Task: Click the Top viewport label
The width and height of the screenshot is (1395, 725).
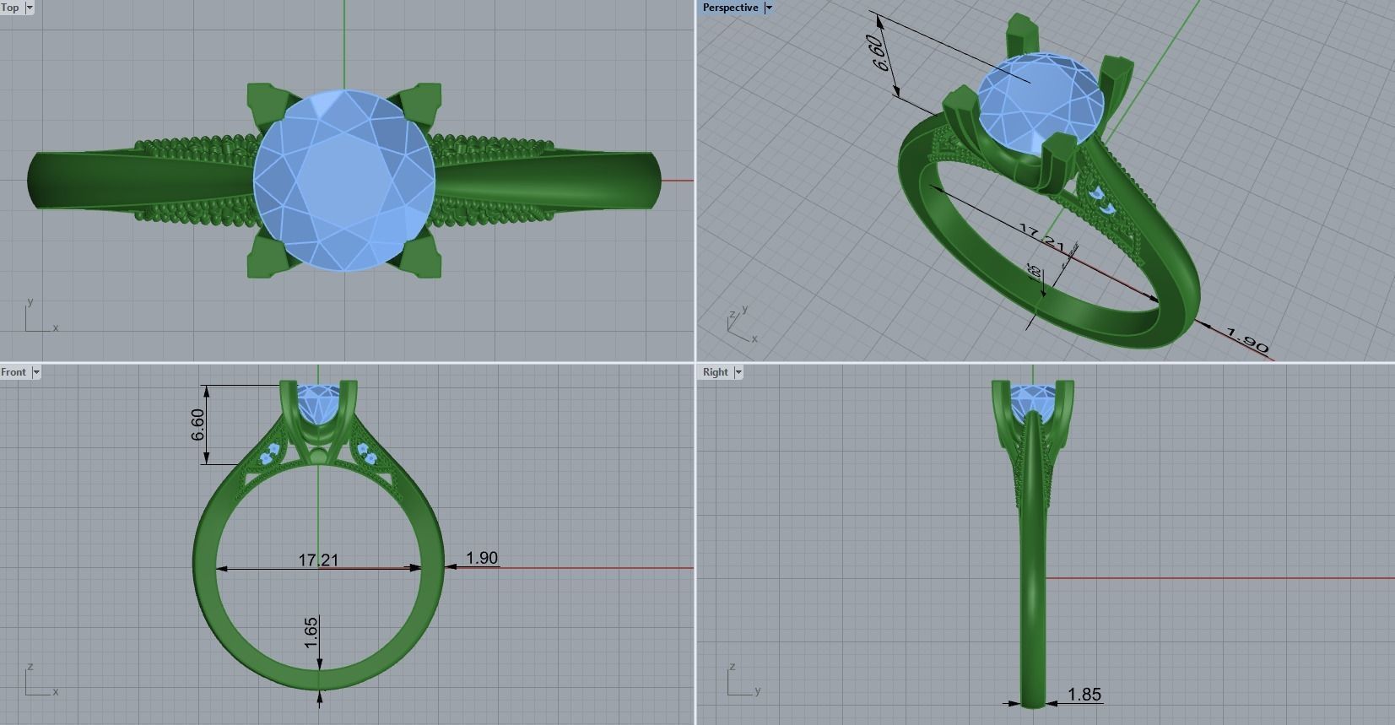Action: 10,8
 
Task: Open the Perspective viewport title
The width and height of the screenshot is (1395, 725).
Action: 730,8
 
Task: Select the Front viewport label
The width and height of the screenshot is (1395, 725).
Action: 14,372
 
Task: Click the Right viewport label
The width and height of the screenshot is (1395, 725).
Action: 715,372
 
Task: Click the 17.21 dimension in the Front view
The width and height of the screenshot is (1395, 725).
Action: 318,560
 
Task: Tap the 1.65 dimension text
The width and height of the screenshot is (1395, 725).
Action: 311,633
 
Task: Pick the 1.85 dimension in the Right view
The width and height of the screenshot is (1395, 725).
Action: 1084,695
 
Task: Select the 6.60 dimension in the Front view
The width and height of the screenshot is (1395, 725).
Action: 197,425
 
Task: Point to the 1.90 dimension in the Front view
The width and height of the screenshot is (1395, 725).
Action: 482,558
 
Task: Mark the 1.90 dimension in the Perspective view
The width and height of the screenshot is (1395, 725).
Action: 1247,340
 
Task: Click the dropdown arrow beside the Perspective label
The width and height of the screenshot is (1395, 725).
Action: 769,8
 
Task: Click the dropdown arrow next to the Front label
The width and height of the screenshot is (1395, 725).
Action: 35,372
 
